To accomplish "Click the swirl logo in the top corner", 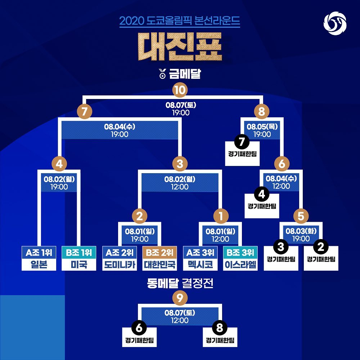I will pyautogui.click(x=335, y=23).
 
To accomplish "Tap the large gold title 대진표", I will pyautogui.click(x=180, y=47).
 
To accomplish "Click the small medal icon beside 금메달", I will pyautogui.click(x=162, y=76).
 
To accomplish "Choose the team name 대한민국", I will pyautogui.click(x=159, y=265).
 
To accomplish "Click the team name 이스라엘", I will pyautogui.click(x=240, y=265).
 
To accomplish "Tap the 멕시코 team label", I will pyautogui.click(x=200, y=265).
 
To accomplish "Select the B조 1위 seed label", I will pyautogui.click(x=79, y=252).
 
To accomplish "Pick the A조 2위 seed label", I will pyautogui.click(x=119, y=252).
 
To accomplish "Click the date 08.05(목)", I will pyautogui.click(x=262, y=127).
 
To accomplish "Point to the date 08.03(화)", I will pyautogui.click(x=301, y=231).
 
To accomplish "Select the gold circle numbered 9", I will pyautogui.click(x=180, y=297).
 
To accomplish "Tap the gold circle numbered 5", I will pyautogui.click(x=301, y=216).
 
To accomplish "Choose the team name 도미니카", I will pyautogui.click(x=119, y=265).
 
